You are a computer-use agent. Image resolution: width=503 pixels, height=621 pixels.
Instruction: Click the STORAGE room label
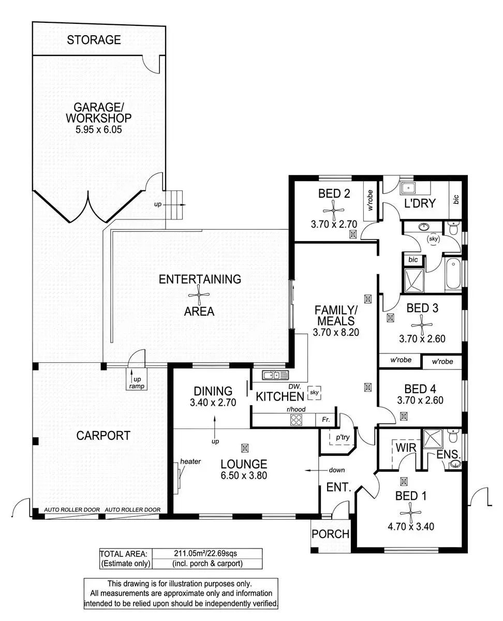tap(94, 39)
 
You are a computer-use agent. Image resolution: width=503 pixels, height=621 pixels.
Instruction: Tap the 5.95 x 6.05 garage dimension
tap(98, 130)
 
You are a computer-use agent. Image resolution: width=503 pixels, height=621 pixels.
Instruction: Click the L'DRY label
tap(420, 203)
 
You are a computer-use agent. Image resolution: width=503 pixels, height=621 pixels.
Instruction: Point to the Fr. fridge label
tap(326, 420)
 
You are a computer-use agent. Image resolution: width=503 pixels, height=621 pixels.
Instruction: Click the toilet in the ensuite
tap(453, 437)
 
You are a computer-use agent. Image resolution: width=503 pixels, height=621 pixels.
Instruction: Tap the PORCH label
tap(331, 534)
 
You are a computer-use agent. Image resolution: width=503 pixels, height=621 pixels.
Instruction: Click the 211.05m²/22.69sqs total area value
tap(205, 554)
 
